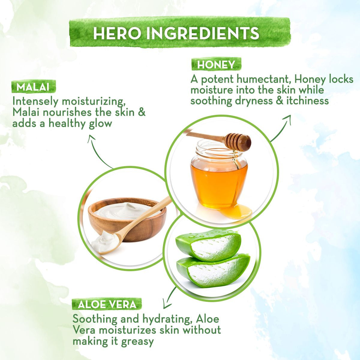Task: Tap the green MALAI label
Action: [x=34, y=86]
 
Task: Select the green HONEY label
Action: [x=216, y=65]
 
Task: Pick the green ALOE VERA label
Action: [x=107, y=304]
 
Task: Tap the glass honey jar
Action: [x=219, y=175]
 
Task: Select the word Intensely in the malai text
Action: [x=36, y=101]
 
